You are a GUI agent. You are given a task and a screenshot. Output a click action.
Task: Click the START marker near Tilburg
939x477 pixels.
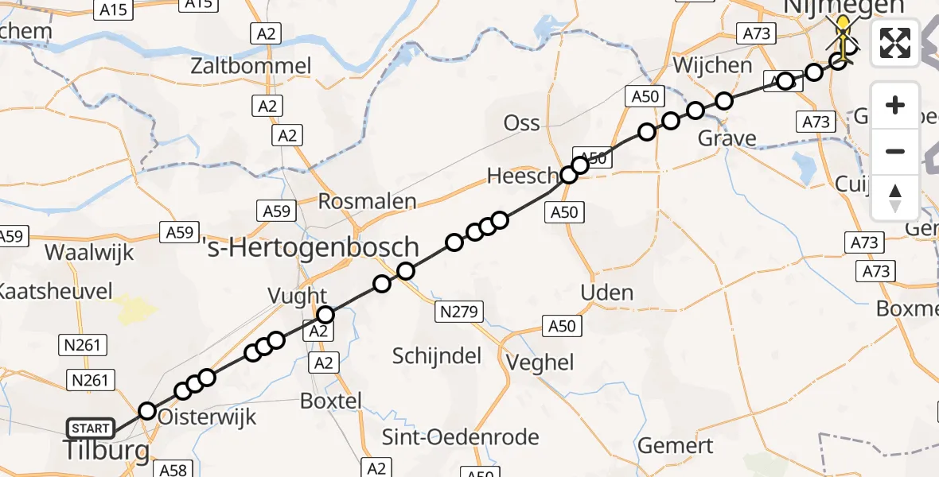[x=91, y=429]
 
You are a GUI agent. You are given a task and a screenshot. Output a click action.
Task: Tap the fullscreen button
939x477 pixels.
[x=895, y=43]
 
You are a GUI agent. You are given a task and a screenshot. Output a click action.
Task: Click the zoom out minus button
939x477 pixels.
[x=895, y=151]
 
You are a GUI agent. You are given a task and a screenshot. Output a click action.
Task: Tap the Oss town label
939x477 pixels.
[x=522, y=123]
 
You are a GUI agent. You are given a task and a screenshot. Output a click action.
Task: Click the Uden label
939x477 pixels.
[x=607, y=293]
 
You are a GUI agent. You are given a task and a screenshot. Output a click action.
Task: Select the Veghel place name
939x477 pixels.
[x=544, y=363]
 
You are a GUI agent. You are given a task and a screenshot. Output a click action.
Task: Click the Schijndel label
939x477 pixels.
[x=437, y=355]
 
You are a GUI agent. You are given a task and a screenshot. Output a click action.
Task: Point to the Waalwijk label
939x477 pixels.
[x=90, y=253]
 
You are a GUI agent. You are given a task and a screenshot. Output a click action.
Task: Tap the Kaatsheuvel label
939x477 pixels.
[x=56, y=291]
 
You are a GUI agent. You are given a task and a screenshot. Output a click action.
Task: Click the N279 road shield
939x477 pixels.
[x=458, y=312]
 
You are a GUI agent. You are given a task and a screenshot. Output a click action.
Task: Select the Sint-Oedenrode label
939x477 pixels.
[x=461, y=436]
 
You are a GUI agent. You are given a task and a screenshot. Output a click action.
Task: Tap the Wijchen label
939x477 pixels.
[x=712, y=64]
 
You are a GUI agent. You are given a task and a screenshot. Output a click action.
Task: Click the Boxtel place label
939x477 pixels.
[x=331, y=401]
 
